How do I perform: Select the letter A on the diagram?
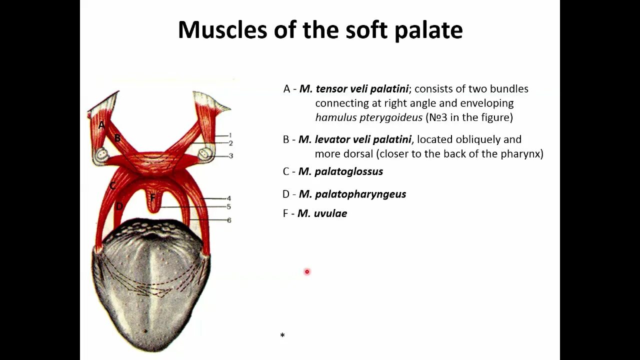click(101, 124)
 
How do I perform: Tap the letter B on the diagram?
click(117, 138)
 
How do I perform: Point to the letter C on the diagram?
click(112, 186)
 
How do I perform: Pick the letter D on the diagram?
click(119, 206)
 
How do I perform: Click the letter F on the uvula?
click(152, 197)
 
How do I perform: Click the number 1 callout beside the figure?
click(230, 135)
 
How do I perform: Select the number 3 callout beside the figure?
click(230, 156)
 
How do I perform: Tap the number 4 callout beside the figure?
click(229, 198)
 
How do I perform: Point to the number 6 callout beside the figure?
click(229, 220)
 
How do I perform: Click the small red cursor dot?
click(307, 271)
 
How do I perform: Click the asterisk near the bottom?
click(282, 335)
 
